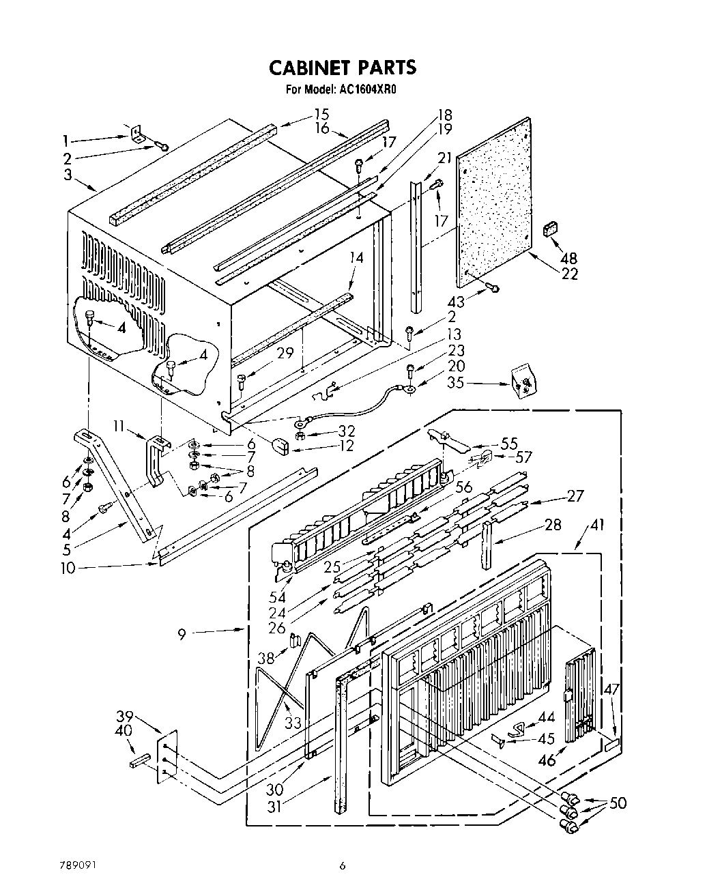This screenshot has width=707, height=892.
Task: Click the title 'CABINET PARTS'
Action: (x=342, y=68)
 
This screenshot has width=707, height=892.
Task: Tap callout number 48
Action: (x=568, y=259)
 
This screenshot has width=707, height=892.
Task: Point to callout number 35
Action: (x=455, y=383)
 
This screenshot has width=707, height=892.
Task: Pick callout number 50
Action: (x=618, y=803)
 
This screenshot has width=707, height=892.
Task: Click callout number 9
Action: (x=182, y=634)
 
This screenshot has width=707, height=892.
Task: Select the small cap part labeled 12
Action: (x=280, y=446)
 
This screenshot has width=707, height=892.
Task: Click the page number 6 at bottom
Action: (x=343, y=865)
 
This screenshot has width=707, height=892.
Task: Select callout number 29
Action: (x=285, y=353)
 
